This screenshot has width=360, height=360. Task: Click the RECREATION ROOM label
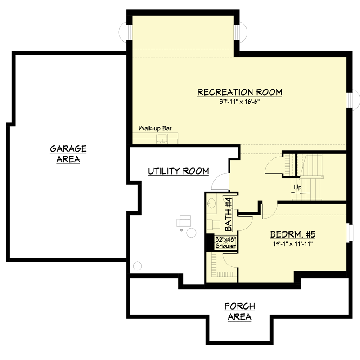click(240, 92)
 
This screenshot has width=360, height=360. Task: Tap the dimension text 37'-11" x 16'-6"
click(239, 102)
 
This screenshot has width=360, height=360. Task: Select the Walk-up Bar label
click(155, 128)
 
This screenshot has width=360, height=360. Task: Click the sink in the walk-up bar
click(162, 139)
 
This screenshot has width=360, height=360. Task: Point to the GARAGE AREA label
click(68, 154)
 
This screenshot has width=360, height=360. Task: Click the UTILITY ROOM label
click(179, 171)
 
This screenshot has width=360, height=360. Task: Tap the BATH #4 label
click(229, 215)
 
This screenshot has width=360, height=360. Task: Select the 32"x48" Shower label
click(226, 243)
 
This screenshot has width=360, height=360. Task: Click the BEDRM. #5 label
click(293, 234)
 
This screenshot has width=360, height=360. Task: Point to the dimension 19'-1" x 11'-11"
click(293, 244)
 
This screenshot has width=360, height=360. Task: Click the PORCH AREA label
click(240, 311)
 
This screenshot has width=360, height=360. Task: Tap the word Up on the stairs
click(298, 188)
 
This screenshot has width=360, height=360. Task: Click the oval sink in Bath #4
click(211, 203)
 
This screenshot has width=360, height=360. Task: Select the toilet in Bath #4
click(214, 225)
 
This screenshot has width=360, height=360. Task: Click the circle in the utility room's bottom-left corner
click(138, 266)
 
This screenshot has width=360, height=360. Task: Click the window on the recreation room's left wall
click(126, 32)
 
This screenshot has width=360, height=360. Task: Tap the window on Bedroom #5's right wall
click(350, 232)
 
